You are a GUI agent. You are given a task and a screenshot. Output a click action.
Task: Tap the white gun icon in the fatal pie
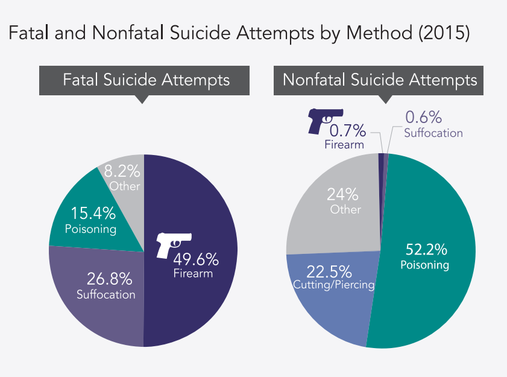174,244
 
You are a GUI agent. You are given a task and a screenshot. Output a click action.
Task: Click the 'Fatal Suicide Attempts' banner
147,80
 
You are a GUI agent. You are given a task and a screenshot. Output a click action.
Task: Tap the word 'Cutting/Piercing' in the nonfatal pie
333,284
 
